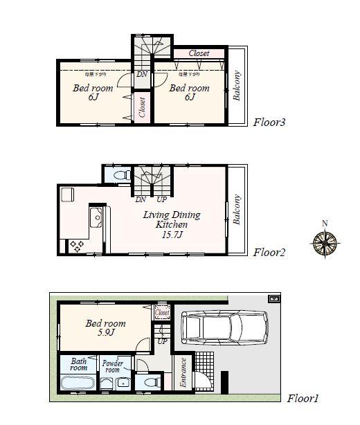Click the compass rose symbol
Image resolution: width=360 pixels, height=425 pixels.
click(x=324, y=242)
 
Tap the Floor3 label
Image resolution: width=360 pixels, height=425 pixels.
click(x=269, y=122)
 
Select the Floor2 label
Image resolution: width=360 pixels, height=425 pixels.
click(x=270, y=252)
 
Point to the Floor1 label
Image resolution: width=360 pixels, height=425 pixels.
click(x=303, y=399)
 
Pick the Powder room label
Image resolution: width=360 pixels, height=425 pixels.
click(x=112, y=365)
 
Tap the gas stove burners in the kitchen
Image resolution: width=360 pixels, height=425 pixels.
click(x=75, y=245)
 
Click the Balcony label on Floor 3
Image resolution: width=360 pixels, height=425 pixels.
click(x=237, y=87)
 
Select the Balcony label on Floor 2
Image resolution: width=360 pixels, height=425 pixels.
click(x=237, y=209)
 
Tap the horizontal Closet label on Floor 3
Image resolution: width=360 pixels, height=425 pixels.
click(x=199, y=53)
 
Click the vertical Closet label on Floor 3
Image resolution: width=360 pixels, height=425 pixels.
click(x=142, y=107)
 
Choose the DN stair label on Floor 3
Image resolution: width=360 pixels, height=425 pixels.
click(x=141, y=74)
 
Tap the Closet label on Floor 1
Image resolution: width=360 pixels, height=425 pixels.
click(x=162, y=313)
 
